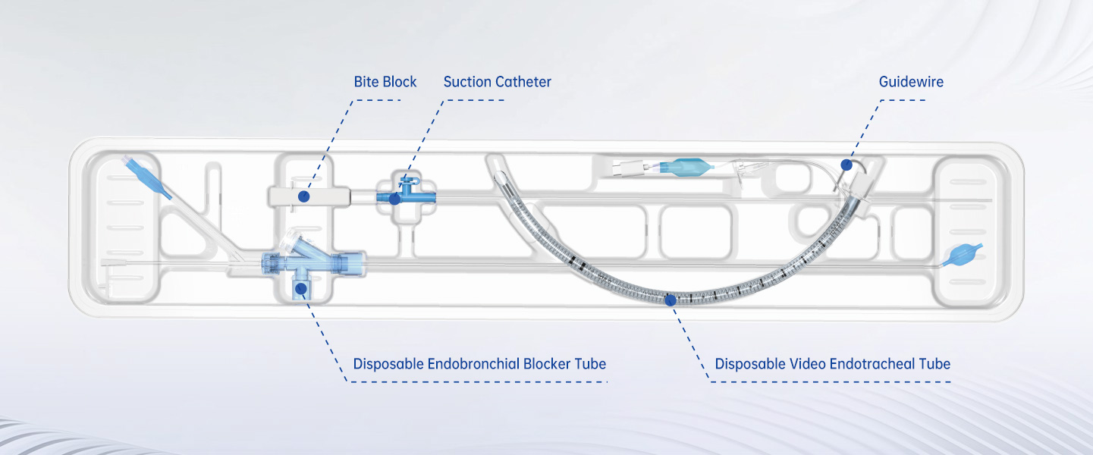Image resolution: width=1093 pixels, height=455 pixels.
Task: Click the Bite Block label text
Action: click(x=385, y=82)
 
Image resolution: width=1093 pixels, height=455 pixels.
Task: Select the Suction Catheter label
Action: click(x=497, y=82)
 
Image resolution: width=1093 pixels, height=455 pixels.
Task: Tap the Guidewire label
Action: click(x=911, y=82)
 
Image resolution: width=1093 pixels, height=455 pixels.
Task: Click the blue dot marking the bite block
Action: click(x=303, y=196)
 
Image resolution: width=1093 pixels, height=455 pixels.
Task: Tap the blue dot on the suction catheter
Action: click(x=394, y=199)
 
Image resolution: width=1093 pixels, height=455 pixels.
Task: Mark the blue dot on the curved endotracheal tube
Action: click(x=670, y=300)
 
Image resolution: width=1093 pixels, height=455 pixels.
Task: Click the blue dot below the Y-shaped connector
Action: click(x=302, y=288)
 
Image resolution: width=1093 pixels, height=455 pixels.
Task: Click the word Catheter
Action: click(x=523, y=82)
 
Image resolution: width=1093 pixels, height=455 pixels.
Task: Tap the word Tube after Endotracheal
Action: click(x=934, y=364)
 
